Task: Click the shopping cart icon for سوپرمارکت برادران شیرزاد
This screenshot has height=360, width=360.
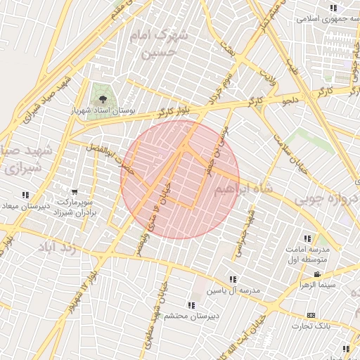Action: (75, 191)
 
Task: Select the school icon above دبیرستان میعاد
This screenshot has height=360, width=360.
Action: (25, 195)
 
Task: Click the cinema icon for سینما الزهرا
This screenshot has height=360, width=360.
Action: (317, 274)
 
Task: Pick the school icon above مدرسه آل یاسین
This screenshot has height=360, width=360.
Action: (233, 279)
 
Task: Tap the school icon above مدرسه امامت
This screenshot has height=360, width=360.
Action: (307, 239)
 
